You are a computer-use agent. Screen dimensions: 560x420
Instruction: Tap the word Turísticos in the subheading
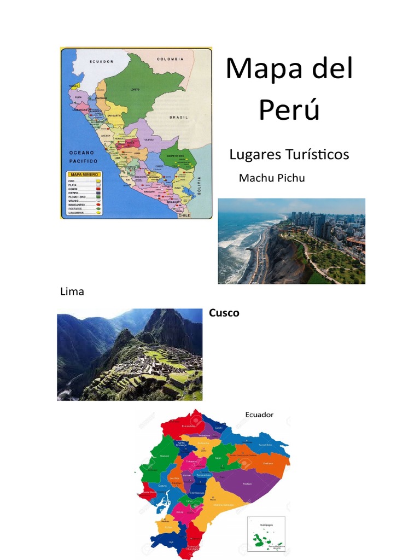coord(317,155)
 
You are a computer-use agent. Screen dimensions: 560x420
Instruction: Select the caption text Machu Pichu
coord(272,178)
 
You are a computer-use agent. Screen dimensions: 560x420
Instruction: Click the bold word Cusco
coord(224,313)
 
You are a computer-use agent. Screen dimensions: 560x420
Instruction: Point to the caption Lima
coord(72,291)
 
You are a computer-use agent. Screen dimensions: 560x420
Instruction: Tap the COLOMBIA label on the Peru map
coord(172,59)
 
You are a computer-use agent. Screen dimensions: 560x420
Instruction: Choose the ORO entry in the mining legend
coord(71,180)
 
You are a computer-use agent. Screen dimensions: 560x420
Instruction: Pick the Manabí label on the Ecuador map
coord(164,455)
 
